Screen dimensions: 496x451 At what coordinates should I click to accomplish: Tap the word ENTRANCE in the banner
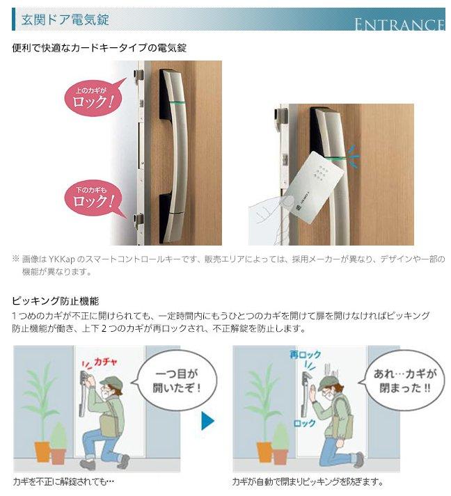click(x=399, y=25)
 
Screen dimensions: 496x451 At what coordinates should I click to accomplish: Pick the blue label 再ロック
click(x=305, y=355)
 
